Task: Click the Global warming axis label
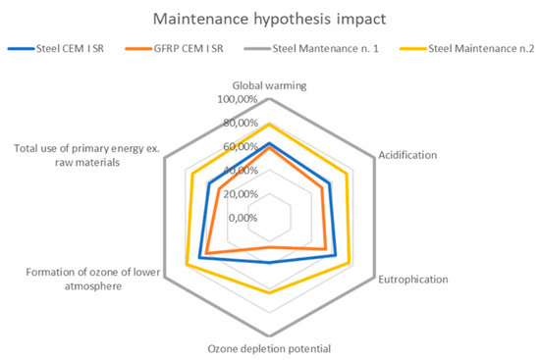pyautogui.click(x=269, y=85)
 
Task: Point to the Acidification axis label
pyautogui.click(x=408, y=155)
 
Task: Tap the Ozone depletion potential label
pyautogui.click(x=270, y=348)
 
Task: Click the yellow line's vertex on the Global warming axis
pyautogui.click(x=270, y=125)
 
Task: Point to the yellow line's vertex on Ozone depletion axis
pyautogui.click(x=270, y=292)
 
